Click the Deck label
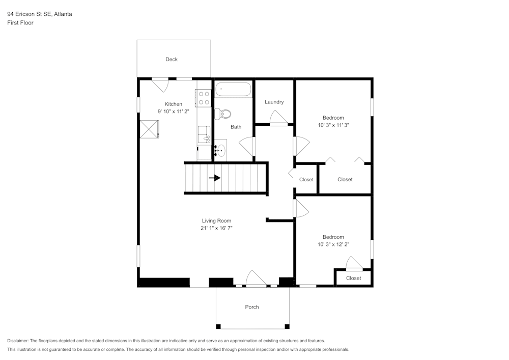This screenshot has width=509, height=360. tap(172, 60)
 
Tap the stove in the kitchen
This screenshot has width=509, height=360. tap(204, 98)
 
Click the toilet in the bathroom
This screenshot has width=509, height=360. tap(223, 113)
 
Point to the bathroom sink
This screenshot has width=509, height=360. tap(220, 150)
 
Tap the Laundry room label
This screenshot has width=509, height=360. tap(274, 102)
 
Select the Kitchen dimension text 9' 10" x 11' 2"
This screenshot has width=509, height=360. tap(173, 111)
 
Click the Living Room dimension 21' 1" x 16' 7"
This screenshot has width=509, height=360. tap(216, 228)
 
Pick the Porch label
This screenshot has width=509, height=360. tap(252, 307)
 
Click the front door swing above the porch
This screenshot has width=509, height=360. tap(256, 279)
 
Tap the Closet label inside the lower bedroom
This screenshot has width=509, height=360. tap(353, 278)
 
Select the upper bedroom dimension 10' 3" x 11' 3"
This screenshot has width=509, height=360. tap(333, 125)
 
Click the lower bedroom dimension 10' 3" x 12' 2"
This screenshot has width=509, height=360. tap(333, 244)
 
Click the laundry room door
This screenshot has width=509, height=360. tap(278, 118)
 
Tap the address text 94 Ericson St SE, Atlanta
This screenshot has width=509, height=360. tap(39, 14)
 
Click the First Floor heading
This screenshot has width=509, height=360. tap(20, 23)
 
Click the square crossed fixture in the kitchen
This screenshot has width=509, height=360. tap(150, 129)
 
